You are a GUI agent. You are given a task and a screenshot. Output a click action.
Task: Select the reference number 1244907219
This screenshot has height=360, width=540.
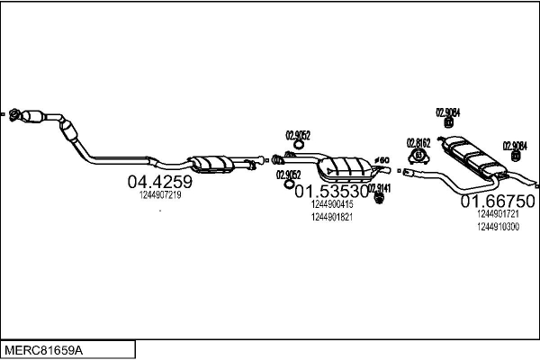(160, 194)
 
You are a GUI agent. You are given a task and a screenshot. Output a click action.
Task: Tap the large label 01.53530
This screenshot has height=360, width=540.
(332, 191)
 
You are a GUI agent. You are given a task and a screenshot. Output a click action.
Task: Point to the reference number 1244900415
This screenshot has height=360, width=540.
(331, 204)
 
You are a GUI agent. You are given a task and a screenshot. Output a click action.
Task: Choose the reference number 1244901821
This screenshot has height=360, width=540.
(331, 217)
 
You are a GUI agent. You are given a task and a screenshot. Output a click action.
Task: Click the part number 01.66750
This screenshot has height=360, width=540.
(499, 201)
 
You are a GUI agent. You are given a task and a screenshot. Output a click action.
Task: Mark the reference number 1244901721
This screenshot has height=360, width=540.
(499, 214)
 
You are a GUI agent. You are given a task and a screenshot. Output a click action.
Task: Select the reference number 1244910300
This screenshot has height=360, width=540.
(499, 227)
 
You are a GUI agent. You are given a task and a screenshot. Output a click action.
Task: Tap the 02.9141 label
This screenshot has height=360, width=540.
(381, 187)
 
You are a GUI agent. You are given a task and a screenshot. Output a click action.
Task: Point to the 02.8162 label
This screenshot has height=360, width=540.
(418, 141)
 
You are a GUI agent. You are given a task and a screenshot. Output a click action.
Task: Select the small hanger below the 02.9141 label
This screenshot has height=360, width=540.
(381, 199)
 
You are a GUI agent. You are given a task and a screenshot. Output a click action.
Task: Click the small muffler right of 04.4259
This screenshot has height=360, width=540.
(213, 162)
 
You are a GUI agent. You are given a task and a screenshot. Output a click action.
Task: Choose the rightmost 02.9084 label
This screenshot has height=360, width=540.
(515, 145)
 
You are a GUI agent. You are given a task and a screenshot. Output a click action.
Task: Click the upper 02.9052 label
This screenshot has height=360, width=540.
(298, 135)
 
